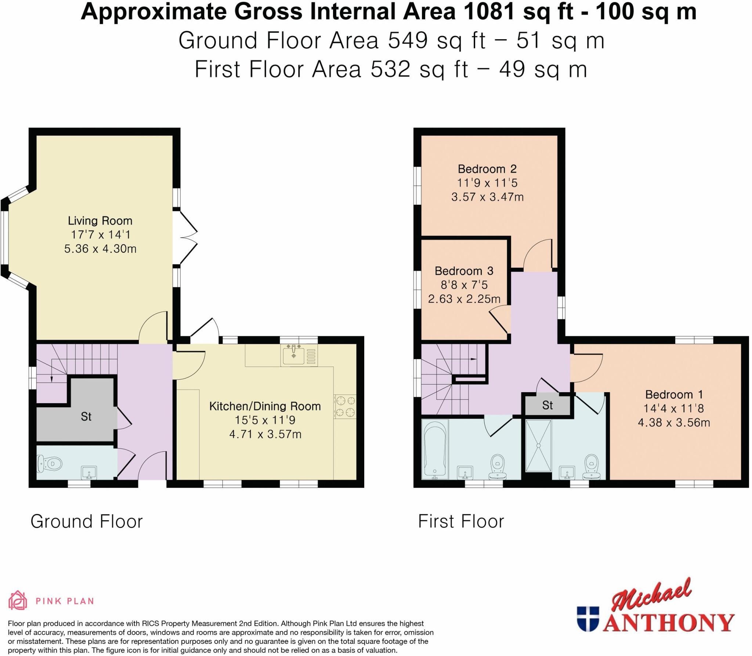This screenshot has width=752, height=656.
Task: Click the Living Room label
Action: click(100, 221)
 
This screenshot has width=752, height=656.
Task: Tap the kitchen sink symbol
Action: click(294, 355)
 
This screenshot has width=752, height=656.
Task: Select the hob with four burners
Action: click(345, 406)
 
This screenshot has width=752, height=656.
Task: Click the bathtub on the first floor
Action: click(435, 449)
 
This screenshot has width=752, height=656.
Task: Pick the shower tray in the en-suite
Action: click(538, 445)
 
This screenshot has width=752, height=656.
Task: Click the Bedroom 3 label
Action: click(464, 271)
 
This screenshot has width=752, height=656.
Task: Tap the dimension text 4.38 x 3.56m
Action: click(673, 423)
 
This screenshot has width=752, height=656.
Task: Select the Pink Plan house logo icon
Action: click(18, 601)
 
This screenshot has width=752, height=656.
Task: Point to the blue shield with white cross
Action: click(587, 619)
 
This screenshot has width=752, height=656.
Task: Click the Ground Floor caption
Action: click(86, 521)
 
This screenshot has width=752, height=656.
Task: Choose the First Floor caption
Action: click(461, 521)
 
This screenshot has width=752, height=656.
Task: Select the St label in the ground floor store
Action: click(86, 416)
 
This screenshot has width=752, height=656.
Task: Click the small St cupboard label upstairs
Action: click(547, 405)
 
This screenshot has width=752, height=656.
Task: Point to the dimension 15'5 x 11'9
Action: click(265, 420)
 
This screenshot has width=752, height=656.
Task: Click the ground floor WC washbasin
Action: click(88, 472)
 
